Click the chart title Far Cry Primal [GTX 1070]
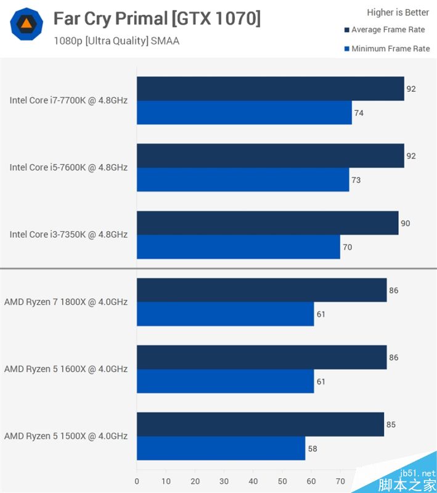tap(157, 19)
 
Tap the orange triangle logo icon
tap(27, 25)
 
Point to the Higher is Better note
tap(398, 12)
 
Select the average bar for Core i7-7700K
tap(270, 89)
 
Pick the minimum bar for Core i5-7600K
tap(243, 180)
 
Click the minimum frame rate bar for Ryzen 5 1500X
tap(221, 448)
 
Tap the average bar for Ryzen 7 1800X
tap(261, 290)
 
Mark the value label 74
tap(359, 113)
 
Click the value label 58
tap(312, 449)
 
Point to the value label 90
tap(405, 223)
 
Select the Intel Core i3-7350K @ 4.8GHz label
tap(68, 235)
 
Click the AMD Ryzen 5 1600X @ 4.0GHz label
tap(66, 369)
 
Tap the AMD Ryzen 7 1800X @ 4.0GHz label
tap(66, 302)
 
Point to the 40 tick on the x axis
tap(253, 481)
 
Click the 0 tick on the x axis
tap(137, 481)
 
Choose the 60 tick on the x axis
tap(311, 481)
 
